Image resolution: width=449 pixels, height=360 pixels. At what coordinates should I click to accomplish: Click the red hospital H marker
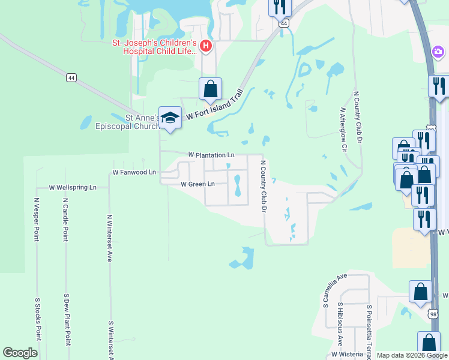[206, 45]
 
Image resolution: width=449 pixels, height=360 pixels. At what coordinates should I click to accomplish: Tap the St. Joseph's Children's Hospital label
[155, 47]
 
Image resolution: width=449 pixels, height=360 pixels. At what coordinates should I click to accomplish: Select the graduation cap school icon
[170, 118]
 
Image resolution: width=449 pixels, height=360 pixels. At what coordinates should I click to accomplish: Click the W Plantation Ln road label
[211, 155]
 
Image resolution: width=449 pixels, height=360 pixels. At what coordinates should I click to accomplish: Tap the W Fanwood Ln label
[134, 172]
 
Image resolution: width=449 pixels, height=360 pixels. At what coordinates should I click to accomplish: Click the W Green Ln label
[197, 184]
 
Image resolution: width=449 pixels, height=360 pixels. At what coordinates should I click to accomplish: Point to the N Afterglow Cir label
[343, 128]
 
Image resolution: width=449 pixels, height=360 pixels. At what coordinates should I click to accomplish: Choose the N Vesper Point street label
[37, 219]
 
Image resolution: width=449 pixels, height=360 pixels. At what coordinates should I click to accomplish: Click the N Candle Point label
[65, 219]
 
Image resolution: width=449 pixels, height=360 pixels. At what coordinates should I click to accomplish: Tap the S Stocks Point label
[37, 319]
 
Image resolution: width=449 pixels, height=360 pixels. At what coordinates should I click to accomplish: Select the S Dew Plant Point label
[67, 319]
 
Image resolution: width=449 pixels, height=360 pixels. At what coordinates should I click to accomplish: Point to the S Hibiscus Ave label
[339, 324]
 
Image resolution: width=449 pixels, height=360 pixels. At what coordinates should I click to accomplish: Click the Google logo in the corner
[20, 353]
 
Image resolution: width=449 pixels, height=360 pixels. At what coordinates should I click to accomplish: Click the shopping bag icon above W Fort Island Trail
[211, 89]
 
